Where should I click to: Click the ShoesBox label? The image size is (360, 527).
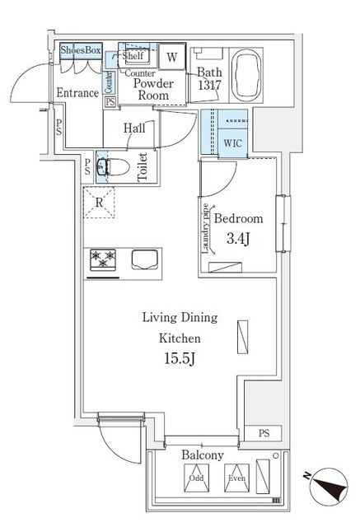(x=82, y=51)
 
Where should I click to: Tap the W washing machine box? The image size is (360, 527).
(x=171, y=57)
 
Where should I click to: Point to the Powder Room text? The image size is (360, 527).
(x=152, y=89)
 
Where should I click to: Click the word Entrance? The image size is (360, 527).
(x=78, y=94)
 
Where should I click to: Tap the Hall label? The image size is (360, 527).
(x=135, y=128)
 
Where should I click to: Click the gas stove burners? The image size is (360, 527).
(x=105, y=259)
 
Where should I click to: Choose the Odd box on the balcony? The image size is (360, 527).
(x=196, y=475)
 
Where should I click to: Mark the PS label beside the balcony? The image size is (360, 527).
(x=263, y=433)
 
